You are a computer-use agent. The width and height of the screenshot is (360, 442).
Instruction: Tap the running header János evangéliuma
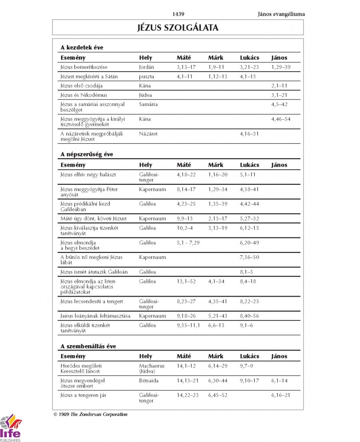281,14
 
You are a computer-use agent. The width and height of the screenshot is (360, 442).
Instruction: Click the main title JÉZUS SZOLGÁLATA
178,28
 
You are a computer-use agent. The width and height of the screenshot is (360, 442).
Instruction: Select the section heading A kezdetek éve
82,47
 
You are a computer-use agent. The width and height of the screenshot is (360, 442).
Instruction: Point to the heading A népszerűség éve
86,154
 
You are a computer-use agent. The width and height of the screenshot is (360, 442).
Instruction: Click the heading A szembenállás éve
88,346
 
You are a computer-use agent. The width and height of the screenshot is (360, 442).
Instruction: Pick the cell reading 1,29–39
280,67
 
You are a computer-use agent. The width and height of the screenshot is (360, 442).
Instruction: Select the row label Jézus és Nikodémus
84,95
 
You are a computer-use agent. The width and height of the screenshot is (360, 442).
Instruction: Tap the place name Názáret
148,133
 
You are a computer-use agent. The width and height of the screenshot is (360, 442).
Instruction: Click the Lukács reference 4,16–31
249,133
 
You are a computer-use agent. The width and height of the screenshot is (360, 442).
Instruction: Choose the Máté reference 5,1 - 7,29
188,243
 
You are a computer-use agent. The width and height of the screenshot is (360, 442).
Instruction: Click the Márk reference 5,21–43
218,316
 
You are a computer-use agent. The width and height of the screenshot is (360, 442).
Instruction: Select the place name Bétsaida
149,381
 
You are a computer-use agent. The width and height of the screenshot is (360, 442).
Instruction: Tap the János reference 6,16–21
280,395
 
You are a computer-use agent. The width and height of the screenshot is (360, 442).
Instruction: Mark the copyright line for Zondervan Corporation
90,415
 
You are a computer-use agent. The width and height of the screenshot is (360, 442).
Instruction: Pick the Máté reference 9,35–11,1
188,325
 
